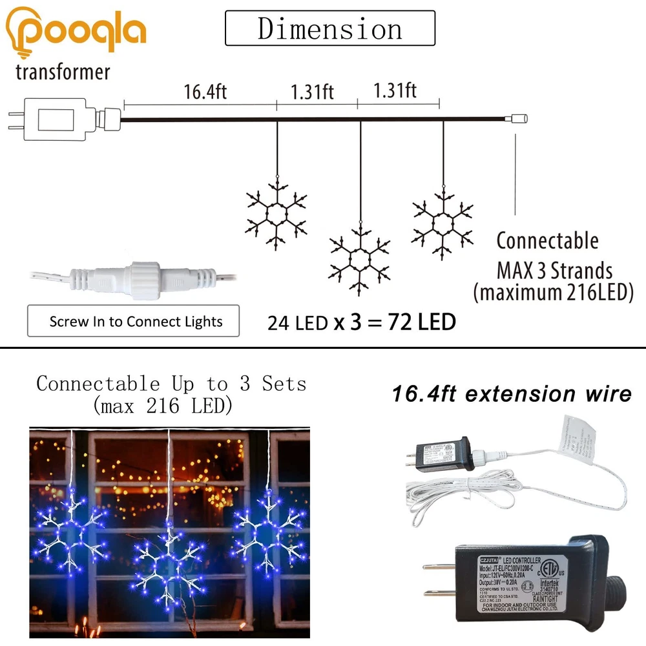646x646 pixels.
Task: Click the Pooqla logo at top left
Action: [75, 31]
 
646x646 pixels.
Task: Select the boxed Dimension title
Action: [329, 29]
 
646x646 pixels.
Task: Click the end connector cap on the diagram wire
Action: [519, 119]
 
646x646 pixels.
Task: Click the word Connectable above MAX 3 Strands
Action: [547, 241]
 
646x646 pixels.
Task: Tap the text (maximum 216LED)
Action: [552, 292]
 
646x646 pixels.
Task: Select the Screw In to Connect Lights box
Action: [133, 321]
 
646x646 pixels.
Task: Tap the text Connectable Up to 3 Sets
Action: [171, 384]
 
